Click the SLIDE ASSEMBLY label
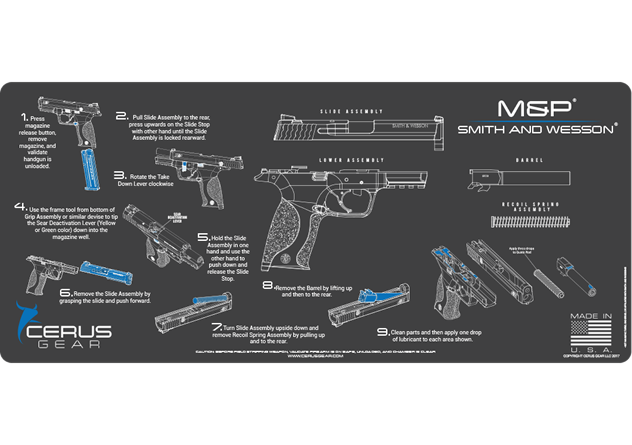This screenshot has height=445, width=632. pyautogui.click(x=341, y=111)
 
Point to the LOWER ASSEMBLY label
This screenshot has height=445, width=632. pyautogui.click(x=341, y=160)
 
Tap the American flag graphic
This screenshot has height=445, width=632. pyautogui.click(x=590, y=332)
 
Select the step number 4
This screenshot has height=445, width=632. pyautogui.click(x=21, y=207)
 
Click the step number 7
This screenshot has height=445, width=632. pyautogui.click(x=217, y=327)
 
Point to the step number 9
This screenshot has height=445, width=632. pyautogui.click(x=382, y=331)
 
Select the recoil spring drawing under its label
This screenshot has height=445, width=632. pyautogui.click(x=530, y=221)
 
